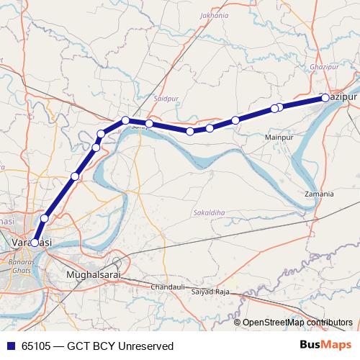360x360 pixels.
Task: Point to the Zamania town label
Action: click(x=319, y=194)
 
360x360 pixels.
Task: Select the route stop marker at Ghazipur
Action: click(x=325, y=97)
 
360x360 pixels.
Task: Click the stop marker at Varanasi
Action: click(x=35, y=243)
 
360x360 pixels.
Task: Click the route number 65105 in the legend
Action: click(x=36, y=346)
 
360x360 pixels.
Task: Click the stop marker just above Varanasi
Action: click(x=45, y=218)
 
